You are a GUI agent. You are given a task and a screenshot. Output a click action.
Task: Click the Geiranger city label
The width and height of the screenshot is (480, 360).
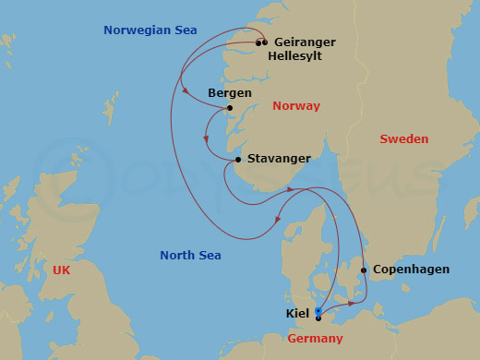pyautogui.click(x=305, y=42)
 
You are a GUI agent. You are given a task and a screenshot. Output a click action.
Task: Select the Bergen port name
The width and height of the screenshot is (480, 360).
pyautogui.click(x=230, y=93)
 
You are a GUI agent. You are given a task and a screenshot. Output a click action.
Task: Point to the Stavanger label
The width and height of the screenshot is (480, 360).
pyautogui.click(x=280, y=159)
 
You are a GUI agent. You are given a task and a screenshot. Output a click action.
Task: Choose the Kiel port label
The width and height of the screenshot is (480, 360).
pyautogui.click(x=298, y=314)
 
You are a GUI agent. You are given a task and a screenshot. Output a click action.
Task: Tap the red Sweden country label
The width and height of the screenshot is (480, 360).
pyautogui.click(x=404, y=139)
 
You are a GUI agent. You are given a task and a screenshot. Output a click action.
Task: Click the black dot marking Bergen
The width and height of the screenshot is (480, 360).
pyautogui.click(x=229, y=108)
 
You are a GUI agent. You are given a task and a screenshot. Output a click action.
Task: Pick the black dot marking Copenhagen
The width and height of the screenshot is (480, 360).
pyautogui.click(x=364, y=270)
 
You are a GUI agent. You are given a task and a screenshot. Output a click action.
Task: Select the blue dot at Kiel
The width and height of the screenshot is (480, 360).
pyautogui.click(x=318, y=311)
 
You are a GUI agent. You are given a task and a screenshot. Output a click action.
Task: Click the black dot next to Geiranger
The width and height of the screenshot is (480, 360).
pyautogui.click(x=265, y=42)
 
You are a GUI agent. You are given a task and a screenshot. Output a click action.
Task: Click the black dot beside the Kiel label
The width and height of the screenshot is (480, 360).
pyautogui.click(x=318, y=318)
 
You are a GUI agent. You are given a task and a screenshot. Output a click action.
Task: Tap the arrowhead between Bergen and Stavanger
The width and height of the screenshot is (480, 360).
pyautogui.click(x=207, y=142)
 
